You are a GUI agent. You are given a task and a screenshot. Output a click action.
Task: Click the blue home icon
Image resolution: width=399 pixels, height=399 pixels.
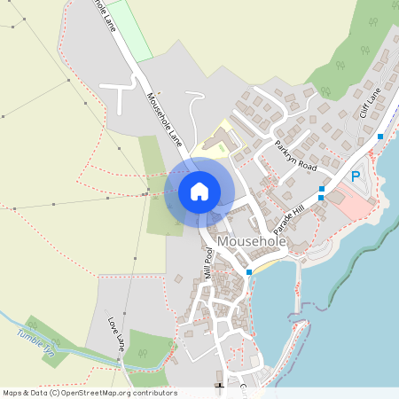coord(199,192)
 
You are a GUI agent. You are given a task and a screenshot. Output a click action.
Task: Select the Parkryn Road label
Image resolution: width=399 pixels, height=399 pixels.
coord(295,155)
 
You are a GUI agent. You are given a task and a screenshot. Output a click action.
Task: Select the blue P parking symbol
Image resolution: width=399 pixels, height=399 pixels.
coord(356,176)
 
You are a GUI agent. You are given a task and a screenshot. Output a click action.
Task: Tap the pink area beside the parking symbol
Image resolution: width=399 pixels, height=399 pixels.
coord(358,205)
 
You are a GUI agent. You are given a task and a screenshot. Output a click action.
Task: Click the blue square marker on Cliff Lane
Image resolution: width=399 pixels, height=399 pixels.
coord(380,137)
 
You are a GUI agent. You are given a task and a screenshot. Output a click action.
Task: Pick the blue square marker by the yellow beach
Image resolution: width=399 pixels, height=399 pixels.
coord(249,271)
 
